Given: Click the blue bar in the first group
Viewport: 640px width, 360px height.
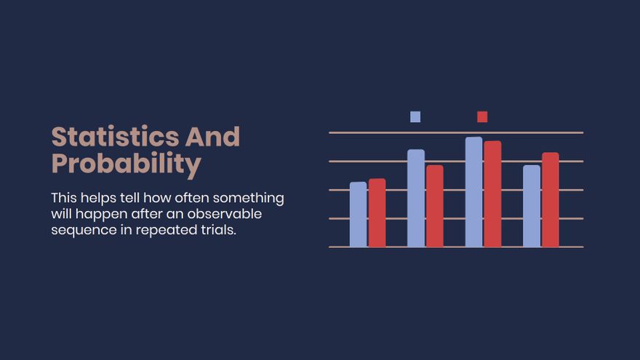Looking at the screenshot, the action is click(359, 215).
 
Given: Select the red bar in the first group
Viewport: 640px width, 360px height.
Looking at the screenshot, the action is click(377, 212).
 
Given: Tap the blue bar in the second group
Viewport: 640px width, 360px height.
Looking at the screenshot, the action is click(416, 198).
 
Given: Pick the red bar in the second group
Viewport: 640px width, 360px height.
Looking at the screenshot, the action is click(435, 206).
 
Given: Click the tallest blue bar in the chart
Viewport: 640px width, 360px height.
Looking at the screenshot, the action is click(474, 192).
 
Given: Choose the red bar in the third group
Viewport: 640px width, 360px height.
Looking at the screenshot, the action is click(492, 194).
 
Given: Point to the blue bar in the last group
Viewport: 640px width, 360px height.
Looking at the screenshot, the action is click(532, 206).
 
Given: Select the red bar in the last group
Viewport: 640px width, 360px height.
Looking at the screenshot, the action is click(551, 199).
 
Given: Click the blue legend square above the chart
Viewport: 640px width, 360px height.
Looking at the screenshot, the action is click(415, 117).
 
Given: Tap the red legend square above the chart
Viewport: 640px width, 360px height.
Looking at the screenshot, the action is click(482, 117).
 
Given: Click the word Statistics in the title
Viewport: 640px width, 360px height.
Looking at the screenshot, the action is click(115, 137).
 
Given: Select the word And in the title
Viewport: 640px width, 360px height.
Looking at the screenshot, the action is click(212, 137).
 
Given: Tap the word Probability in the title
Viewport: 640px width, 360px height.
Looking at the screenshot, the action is click(126, 164).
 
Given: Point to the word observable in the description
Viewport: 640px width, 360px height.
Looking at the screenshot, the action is click(225, 214).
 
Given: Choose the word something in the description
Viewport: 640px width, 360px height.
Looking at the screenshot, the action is click(249, 199).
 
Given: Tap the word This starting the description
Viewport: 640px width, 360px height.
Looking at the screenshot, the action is click(64, 198).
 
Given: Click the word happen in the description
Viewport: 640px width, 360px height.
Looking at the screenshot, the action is click(102, 215).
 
